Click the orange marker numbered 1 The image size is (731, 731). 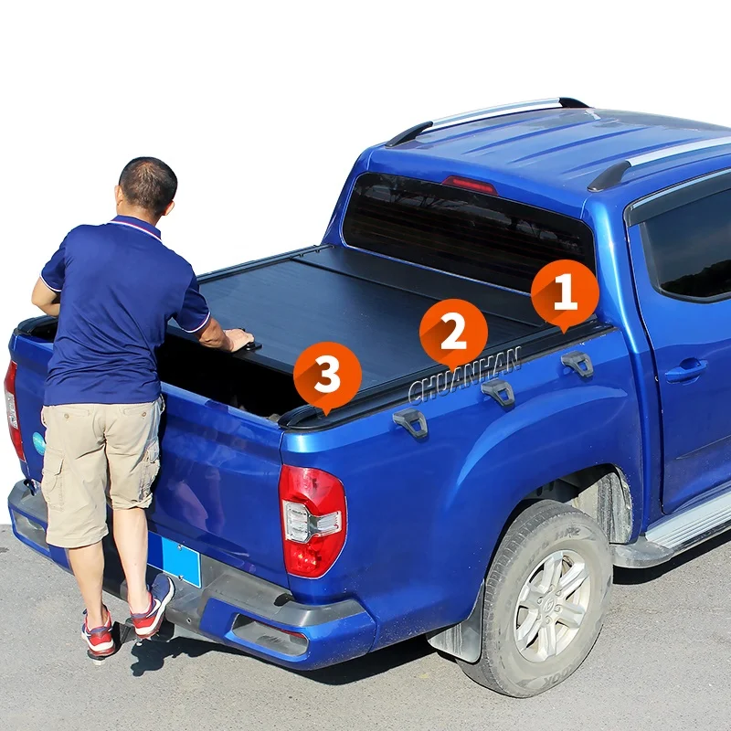point(565,293)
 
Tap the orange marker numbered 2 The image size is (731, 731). point(453,333)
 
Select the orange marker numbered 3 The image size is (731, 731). point(327,376)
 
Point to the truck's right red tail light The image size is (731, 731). point(313,521)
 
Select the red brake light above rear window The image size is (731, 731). point(469,185)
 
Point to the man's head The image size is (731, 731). point(147,187)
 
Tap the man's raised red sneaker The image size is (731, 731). point(152,606)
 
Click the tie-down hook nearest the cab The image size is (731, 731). point(577,364)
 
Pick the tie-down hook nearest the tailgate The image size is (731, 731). point(411,422)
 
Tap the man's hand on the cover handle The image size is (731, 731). point(238,340)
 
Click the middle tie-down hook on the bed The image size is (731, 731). point(499,392)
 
